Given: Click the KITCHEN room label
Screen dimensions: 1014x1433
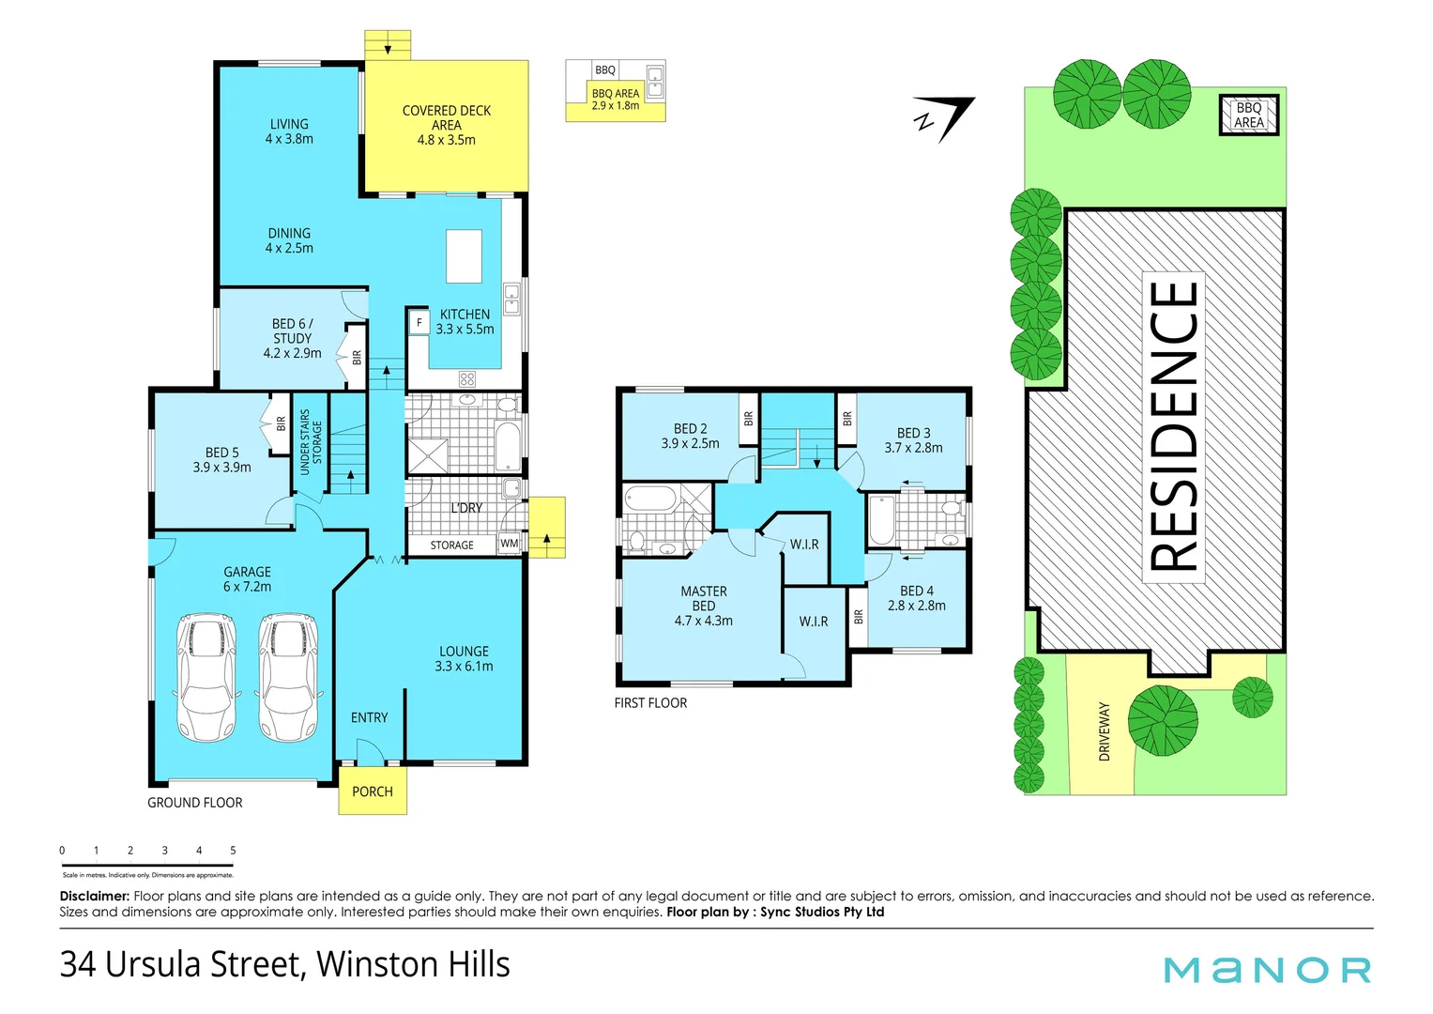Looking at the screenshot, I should coord(465,315).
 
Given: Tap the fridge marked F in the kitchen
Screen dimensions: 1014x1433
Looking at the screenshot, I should coord(419,322).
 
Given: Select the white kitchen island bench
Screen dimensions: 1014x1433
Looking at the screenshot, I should coord(464,255).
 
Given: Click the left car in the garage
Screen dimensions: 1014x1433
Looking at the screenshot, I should coord(207,676).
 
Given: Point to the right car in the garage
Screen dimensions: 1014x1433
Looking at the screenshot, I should coord(289,676).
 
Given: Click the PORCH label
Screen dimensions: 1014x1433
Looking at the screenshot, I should coord(373,791).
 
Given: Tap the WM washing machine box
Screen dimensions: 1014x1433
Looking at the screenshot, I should coord(509,544).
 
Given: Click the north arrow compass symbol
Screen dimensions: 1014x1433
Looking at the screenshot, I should coord(945,117).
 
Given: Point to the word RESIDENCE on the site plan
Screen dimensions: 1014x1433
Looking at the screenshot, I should coord(1173,426).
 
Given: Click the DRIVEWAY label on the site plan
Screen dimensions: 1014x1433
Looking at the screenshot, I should coord(1104,731).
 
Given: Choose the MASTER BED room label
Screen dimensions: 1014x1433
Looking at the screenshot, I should coord(704,598).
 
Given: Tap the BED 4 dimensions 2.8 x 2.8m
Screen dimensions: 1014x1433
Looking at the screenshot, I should coord(917,606).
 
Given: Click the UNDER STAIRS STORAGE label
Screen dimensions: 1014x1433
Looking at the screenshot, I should coord(311,441).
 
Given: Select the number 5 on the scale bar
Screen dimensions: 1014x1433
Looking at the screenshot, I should coord(233,851).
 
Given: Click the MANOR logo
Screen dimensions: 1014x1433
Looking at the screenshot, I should coord(1267,970).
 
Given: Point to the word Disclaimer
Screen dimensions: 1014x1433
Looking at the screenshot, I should coord(94,896).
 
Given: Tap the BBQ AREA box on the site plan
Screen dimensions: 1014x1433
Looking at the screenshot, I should coord(1248,115).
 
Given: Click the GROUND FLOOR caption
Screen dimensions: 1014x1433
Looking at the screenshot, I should coord(195,803).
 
